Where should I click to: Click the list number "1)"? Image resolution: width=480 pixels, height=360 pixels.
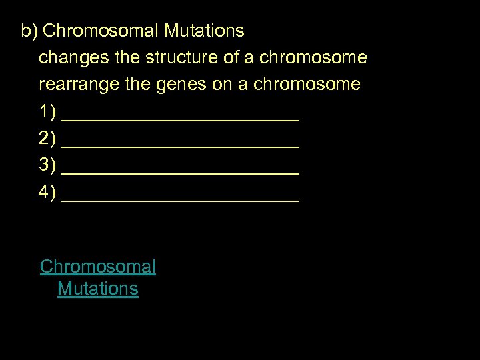[47, 112]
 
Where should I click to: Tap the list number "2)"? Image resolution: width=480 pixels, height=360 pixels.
[47, 139]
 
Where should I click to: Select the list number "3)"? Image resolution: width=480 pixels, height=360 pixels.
[47, 166]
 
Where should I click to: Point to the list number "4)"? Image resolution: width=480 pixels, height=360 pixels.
[47, 193]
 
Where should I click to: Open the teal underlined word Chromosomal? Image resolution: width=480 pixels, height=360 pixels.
[98, 267]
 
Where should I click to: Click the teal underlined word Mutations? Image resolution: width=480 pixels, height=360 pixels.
[98, 289]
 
